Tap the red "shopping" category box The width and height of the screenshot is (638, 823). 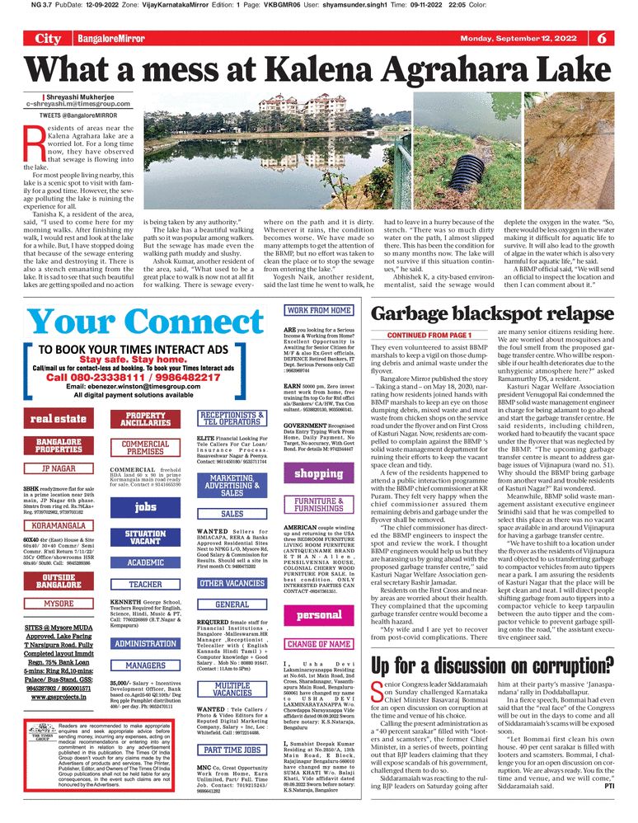coord(318,474)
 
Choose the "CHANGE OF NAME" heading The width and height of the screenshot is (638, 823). coord(318,644)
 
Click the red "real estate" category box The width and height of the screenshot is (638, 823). coord(59,419)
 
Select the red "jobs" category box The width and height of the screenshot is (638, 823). coord(146,507)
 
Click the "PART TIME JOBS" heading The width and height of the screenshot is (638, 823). coord(233,750)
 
